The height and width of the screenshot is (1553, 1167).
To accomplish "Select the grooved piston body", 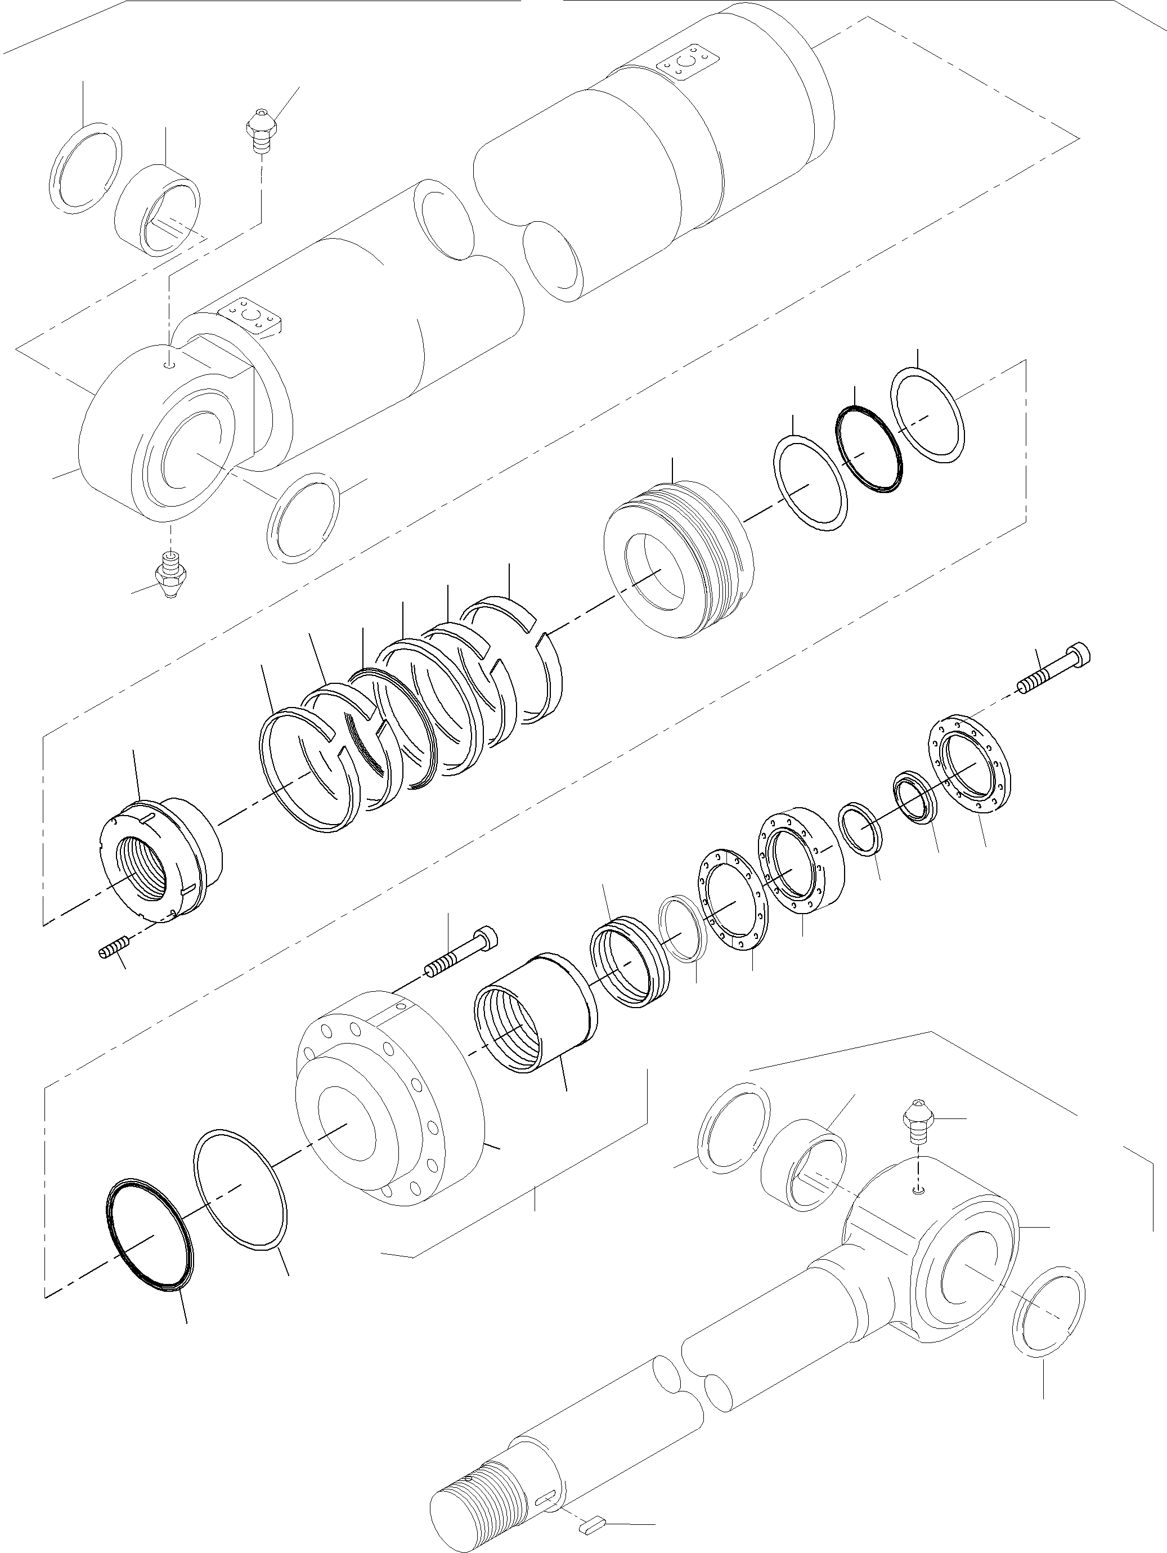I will (679, 560).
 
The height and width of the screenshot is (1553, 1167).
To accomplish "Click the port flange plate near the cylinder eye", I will (251, 315).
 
